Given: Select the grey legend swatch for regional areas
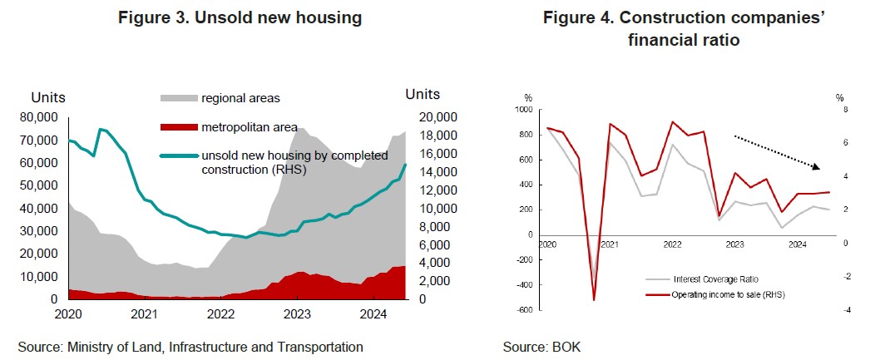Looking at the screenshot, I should pos(178,99).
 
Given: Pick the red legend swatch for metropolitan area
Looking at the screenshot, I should pos(178,127).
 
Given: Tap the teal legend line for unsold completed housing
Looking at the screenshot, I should pos(178,155).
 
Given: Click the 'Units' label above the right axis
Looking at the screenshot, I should pos(423,95).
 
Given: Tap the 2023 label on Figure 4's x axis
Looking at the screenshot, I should pos(734,245).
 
